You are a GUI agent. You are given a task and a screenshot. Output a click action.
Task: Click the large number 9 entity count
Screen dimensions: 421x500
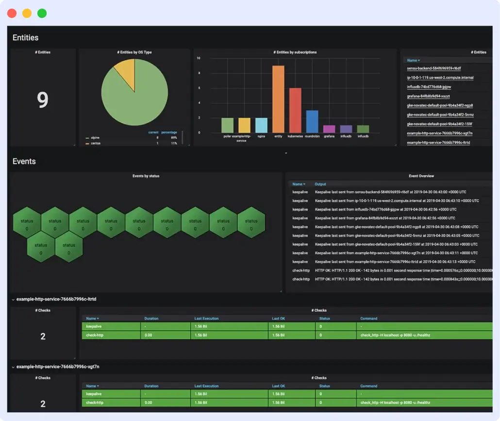tap(43, 100)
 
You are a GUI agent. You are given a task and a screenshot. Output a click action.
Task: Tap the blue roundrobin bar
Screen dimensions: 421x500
tap(312, 121)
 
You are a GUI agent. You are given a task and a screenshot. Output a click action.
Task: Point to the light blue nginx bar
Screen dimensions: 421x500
tap(261, 125)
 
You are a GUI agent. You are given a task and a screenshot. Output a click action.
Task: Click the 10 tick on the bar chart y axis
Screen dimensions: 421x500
tap(199, 58)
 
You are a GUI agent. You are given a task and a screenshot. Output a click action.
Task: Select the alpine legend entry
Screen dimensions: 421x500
tap(95, 138)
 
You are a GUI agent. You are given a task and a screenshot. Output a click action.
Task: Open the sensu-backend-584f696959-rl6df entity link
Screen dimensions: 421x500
tap(433, 68)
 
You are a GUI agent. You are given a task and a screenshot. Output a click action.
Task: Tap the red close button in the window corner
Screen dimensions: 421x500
tap(12, 13)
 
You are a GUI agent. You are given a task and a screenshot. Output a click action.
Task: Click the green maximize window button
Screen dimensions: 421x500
tap(42, 13)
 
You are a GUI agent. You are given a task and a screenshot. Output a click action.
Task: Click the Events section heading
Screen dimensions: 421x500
tap(24, 161)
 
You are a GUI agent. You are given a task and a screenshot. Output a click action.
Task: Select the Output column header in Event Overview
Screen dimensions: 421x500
tap(320, 184)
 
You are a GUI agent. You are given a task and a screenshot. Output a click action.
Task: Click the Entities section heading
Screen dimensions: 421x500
tap(26, 37)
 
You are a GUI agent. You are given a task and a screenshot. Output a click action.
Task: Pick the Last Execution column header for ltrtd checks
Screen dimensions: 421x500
tap(206, 319)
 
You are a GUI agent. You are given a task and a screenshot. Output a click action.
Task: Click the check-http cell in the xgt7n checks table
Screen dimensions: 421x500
tap(94, 403)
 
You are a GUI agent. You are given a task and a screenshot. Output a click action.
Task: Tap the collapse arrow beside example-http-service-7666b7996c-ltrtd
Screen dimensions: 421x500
tap(13, 300)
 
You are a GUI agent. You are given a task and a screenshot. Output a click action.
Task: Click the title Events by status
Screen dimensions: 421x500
tap(146, 176)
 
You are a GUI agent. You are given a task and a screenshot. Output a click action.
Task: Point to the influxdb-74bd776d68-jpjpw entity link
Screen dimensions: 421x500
tap(429, 87)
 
